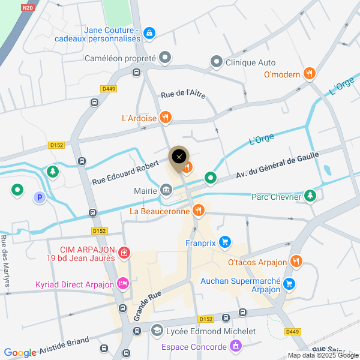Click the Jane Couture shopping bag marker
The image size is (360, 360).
149,34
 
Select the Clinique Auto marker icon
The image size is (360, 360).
216,62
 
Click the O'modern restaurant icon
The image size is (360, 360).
309,73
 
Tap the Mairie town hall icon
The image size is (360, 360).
166,191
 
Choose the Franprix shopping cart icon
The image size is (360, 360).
225,242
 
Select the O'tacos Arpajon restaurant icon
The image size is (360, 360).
295,262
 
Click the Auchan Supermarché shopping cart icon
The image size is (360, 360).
289,283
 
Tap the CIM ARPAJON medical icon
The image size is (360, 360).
124,253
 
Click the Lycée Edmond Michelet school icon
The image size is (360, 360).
157,331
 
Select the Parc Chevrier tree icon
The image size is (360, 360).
310,196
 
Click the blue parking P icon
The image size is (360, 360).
40,197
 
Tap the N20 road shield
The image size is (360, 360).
27,8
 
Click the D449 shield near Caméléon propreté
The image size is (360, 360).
109,88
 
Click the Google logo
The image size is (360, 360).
20,353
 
